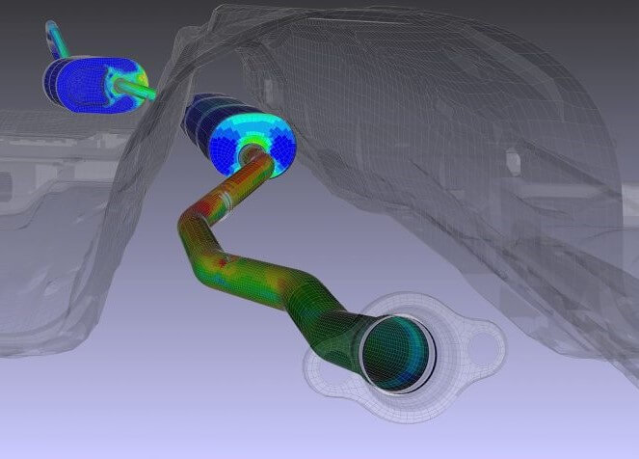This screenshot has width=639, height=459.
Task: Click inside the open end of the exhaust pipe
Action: coord(397,352)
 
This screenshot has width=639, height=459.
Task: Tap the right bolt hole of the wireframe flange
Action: coord(491,339)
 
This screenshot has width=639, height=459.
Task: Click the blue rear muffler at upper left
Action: coord(82,80)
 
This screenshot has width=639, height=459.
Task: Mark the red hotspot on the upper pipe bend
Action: coord(224,260)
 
